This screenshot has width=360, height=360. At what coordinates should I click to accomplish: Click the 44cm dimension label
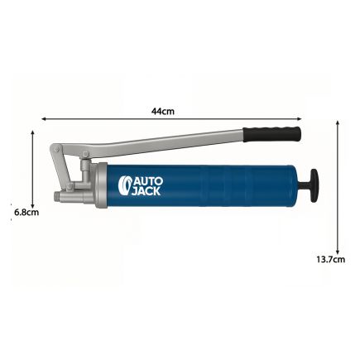tap(163, 111)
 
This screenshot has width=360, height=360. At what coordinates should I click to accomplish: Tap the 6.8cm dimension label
tap(26, 213)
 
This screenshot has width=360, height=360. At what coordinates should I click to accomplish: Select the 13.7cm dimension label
tap(330, 259)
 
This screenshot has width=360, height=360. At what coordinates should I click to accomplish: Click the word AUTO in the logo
tap(148, 181)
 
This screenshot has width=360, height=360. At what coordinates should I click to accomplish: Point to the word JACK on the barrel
tap(146, 191)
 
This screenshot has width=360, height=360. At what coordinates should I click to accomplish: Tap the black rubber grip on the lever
tap(271, 134)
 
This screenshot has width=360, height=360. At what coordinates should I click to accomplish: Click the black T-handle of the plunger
tap(314, 185)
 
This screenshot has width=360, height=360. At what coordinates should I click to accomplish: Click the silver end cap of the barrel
tap(101, 185)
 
